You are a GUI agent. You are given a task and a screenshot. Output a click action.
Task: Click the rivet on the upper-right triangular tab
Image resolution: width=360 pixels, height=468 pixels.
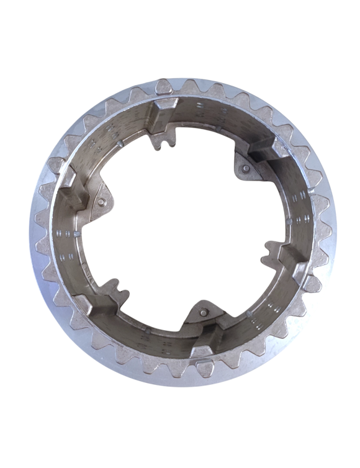click(x=246, y=168)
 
